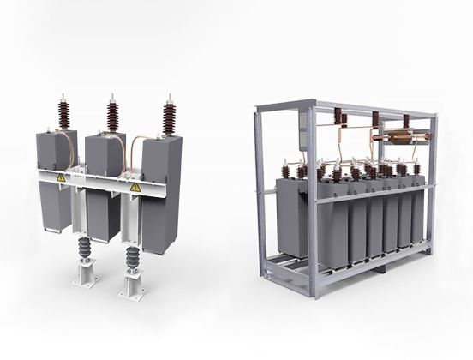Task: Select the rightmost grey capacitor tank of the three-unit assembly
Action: (x=160, y=201)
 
